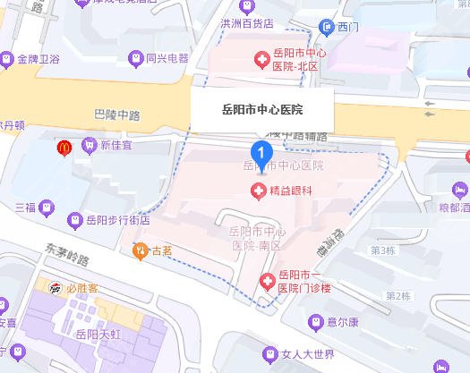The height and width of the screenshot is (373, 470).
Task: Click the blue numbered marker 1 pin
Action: coord(261,154)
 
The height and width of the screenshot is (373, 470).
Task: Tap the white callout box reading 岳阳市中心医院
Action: coord(261,111)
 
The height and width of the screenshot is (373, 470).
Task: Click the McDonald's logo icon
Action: coord(64,145)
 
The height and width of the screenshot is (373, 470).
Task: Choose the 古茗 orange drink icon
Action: coord(140,250)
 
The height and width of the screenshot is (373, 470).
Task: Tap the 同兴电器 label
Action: coord(167,59)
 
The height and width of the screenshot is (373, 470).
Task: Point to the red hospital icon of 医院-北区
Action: coord(261,61)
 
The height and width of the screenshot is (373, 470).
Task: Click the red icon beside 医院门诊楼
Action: coord(266,282)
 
